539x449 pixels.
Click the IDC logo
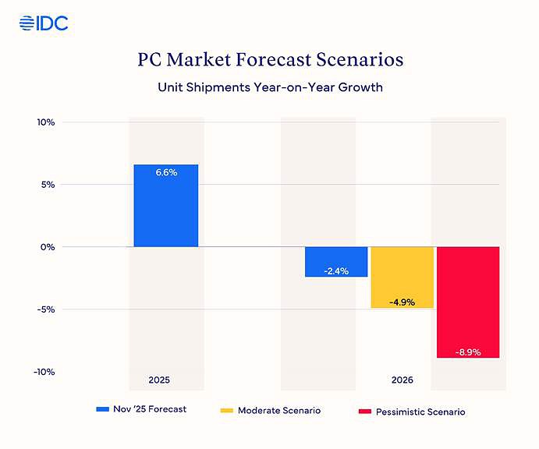click(x=44, y=23)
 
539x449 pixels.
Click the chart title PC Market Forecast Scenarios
click(x=269, y=60)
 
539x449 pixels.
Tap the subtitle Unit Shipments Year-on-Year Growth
click(x=269, y=87)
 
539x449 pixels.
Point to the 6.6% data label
click(x=166, y=172)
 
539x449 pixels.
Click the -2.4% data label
click(x=336, y=271)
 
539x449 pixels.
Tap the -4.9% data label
click(x=402, y=302)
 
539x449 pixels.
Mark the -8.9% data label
click(x=468, y=352)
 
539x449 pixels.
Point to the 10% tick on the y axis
click(x=44, y=122)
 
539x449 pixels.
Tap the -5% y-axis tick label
click(x=44, y=309)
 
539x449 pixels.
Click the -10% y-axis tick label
click(x=43, y=372)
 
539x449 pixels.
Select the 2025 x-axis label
click(x=159, y=380)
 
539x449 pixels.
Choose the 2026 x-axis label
click(x=402, y=380)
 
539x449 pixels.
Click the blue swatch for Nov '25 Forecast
click(x=102, y=409)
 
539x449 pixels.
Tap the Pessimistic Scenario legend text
click(x=420, y=411)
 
